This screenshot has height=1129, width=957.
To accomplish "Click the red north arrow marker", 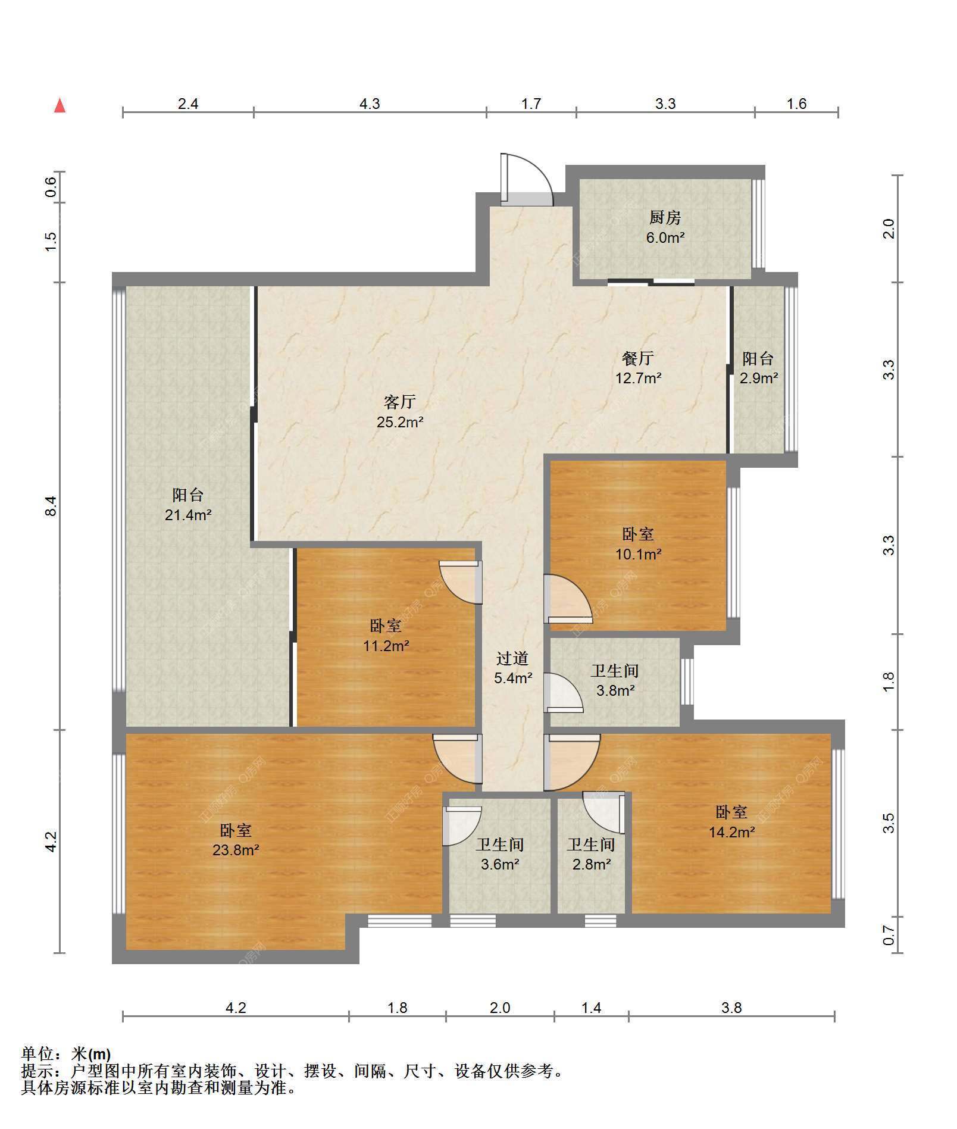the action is [60, 105].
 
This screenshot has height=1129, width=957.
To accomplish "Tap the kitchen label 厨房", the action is [665, 218].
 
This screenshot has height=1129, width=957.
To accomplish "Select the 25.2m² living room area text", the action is [400, 423].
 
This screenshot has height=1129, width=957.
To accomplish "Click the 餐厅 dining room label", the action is [638, 358].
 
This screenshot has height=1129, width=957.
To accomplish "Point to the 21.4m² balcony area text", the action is [188, 515].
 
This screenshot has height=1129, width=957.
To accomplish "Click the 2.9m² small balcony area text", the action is [759, 379].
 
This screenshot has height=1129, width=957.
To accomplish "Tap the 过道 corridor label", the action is [512, 658].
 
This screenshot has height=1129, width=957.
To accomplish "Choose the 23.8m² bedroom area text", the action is [236, 850].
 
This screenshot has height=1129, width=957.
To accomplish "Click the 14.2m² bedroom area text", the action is [731, 832].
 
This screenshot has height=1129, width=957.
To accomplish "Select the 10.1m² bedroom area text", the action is [639, 555].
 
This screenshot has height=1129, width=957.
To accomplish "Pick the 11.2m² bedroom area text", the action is [386, 646].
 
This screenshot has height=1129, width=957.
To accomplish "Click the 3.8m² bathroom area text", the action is [615, 691].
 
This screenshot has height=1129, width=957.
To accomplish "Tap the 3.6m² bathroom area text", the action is [500, 864].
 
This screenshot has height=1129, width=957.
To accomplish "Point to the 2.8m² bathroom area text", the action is [592, 864].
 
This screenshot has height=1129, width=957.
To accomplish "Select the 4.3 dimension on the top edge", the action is [370, 104].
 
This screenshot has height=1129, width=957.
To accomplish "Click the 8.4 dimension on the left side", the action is [51, 505].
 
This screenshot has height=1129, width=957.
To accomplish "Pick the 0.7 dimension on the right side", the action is [889, 935].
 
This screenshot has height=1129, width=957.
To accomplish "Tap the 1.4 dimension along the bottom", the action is [591, 1008].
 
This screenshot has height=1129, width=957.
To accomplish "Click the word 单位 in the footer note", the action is [37, 1054].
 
